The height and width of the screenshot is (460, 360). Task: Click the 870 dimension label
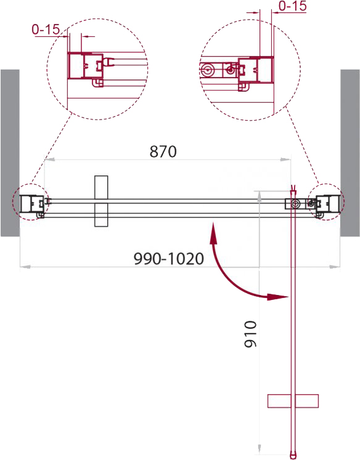pos(163,151)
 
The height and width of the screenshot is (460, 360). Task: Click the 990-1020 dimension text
pos(168,259)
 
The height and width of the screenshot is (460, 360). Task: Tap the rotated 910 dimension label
pos(250,334)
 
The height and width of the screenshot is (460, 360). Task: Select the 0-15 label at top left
pos(46,30)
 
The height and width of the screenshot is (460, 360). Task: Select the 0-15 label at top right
pos(292,6)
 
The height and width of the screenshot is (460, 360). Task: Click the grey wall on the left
pos(10,153)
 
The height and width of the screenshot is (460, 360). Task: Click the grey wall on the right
pos(350,153)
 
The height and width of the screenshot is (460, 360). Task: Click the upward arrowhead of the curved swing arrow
pos(213,233)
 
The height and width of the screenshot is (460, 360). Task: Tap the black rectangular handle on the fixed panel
pos(101,201)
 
